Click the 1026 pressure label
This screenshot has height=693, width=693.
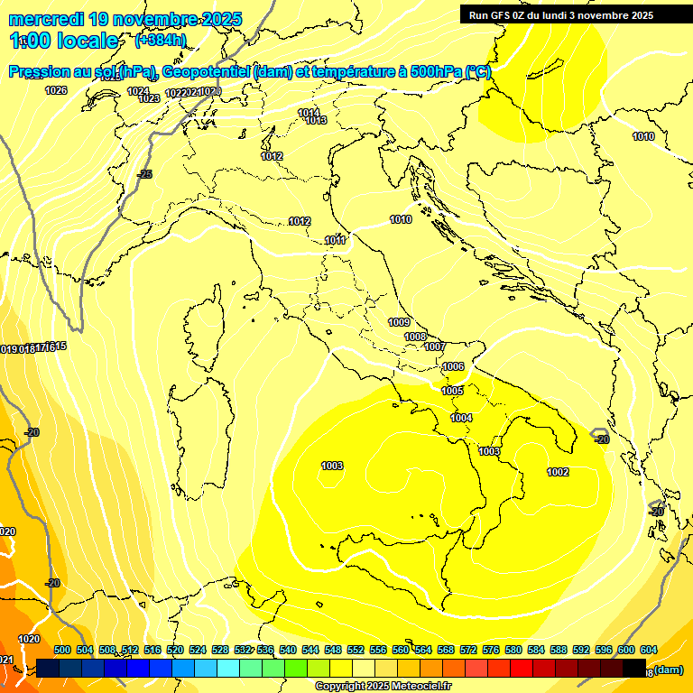[56, 90]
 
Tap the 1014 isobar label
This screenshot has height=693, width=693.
[309, 112]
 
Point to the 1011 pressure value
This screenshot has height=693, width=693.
[336, 240]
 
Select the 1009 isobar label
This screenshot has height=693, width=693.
[399, 322]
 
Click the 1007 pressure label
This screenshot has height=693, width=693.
[435, 346]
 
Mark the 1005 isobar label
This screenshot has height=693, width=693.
[452, 391]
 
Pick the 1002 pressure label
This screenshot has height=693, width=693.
[558, 472]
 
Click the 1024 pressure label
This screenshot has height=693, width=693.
[138, 90]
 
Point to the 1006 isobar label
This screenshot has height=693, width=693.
[453, 366]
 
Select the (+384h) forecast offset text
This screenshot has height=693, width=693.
[161, 41]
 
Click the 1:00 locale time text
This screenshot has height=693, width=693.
[64, 41]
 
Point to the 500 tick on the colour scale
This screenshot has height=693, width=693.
[62, 650]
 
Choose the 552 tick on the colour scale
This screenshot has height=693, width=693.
[356, 650]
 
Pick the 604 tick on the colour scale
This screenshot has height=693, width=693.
[648, 650]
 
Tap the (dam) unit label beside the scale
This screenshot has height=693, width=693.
[668, 670]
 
